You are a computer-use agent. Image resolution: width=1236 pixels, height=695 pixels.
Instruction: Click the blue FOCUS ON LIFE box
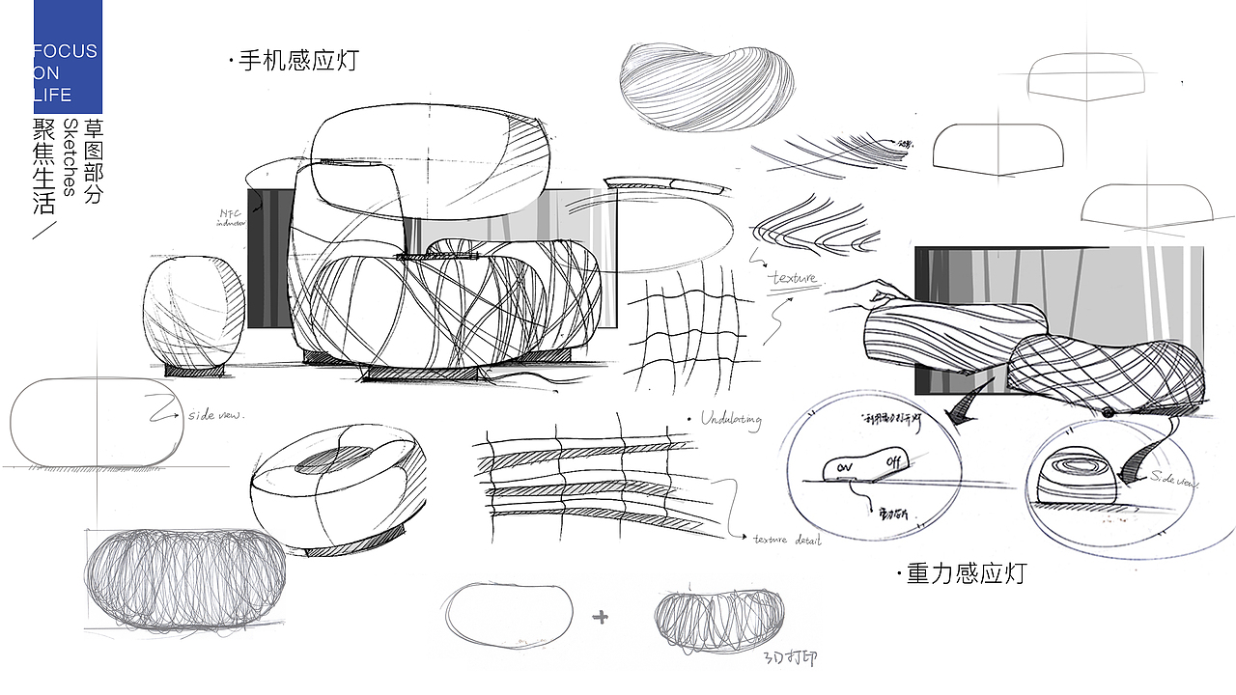pyautogui.click(x=68, y=57)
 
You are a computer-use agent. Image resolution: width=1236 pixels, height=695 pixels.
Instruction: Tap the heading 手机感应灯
pyautogui.click(x=295, y=60)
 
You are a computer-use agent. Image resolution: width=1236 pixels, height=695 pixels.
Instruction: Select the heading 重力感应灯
pyautogui.click(x=965, y=573)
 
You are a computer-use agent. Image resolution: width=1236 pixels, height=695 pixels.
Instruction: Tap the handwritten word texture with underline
pyautogui.click(x=794, y=279)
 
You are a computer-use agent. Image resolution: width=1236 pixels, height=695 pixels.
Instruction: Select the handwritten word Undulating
pyautogui.click(x=731, y=420)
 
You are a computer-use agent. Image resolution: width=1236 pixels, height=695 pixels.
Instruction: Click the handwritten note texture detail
pyautogui.click(x=786, y=541)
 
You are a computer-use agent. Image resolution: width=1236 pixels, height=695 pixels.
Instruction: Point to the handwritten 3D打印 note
pyautogui.click(x=790, y=658)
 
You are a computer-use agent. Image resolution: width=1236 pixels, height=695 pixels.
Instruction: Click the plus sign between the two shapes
pyautogui.click(x=601, y=617)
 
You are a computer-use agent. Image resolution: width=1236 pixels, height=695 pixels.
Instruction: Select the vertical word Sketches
pyautogui.click(x=70, y=157)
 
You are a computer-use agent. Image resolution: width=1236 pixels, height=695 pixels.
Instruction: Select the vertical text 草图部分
pyautogui.click(x=94, y=160)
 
